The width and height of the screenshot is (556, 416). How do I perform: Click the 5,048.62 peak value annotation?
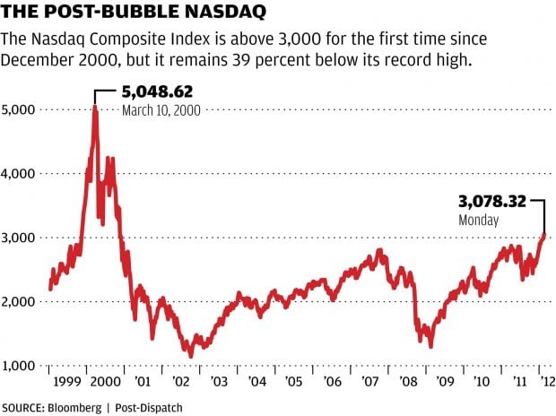pos(158,92)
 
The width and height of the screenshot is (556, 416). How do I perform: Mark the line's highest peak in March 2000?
pos(94,107)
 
